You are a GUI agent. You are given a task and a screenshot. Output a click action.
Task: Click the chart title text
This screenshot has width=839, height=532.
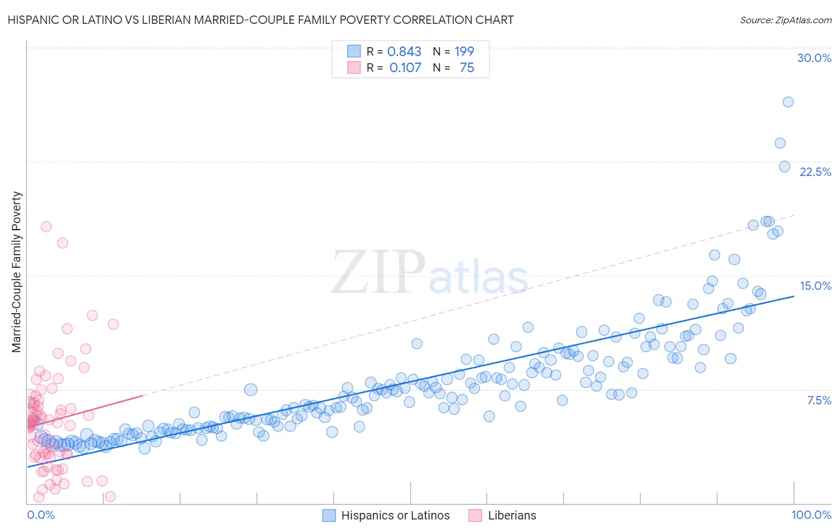[260, 20]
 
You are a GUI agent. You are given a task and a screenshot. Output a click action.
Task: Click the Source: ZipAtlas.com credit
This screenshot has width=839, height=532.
[785, 20]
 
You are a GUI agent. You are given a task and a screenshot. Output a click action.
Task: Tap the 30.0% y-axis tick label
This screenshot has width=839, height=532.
[814, 58]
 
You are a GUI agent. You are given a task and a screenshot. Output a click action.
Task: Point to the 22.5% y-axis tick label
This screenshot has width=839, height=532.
[815, 172]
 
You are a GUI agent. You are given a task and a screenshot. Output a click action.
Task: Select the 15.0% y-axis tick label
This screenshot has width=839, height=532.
[815, 286]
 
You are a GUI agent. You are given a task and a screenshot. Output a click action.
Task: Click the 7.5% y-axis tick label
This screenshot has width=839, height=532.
[819, 400]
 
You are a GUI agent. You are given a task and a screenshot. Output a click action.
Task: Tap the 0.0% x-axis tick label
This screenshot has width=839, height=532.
[41, 515]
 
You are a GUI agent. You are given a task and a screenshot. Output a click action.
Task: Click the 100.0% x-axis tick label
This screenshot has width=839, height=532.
[811, 515]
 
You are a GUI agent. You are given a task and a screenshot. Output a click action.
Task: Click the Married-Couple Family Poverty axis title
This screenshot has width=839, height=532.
[17, 271]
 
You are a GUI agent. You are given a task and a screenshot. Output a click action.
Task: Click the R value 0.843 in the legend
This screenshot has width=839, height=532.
[404, 52]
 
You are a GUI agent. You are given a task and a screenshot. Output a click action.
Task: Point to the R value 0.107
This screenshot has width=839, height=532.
[405, 68]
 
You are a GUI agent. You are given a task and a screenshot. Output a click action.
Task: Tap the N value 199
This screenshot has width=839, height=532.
[464, 52]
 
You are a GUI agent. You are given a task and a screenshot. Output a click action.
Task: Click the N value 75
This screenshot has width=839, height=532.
[467, 68]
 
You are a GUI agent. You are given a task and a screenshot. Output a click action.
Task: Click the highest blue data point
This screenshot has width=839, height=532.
[788, 102]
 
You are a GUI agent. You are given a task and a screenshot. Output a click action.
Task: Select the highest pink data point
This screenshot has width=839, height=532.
[46, 227]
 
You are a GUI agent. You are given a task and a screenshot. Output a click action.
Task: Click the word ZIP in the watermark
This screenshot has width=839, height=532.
[378, 273]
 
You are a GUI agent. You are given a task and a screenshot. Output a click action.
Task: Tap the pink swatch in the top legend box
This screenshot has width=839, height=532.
[354, 68]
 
